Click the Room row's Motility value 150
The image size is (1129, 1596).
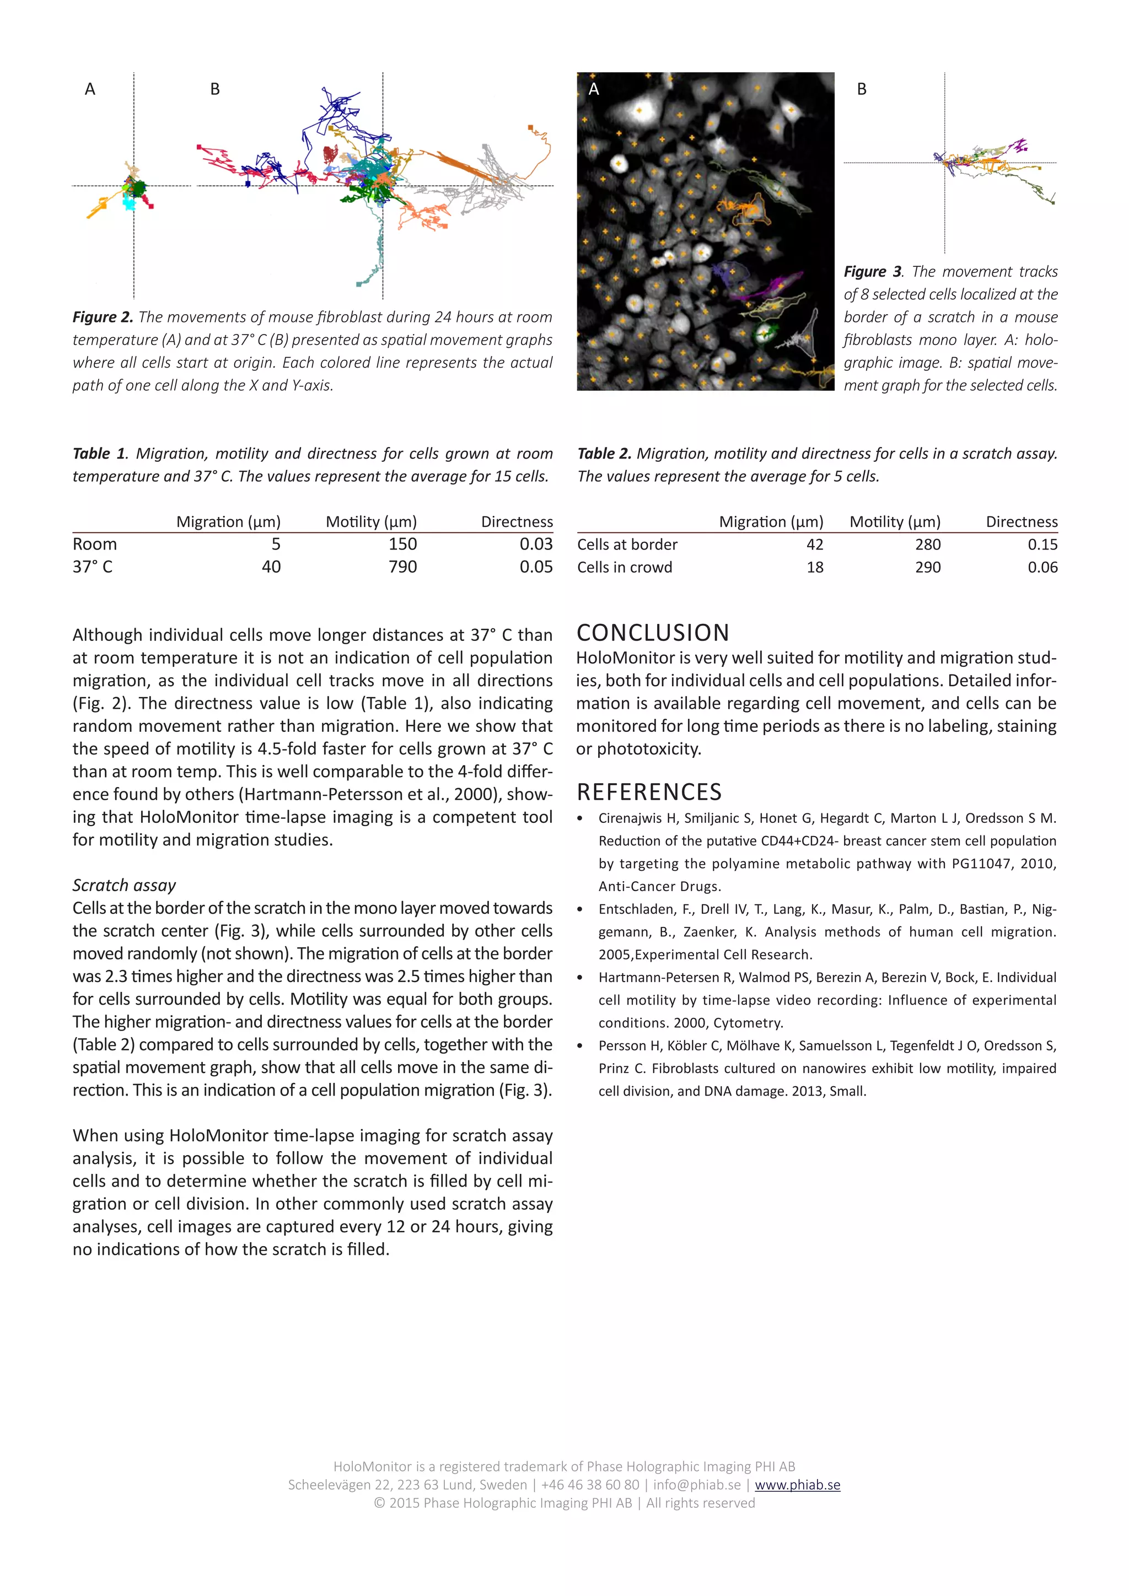point(402,544)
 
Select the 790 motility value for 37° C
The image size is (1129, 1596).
point(402,567)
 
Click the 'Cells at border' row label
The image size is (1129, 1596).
point(627,545)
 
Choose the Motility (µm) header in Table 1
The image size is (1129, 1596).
point(371,522)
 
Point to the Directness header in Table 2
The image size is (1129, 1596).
point(1022,522)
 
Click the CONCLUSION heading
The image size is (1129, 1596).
point(653,633)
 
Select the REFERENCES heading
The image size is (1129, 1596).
point(649,792)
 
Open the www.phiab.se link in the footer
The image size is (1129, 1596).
point(797,1485)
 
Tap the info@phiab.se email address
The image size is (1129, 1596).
point(697,1485)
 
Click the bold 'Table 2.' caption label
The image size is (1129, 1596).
point(604,454)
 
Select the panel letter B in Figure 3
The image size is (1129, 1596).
point(862,89)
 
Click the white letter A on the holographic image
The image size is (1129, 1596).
point(594,89)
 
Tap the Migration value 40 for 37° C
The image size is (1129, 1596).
point(271,567)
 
